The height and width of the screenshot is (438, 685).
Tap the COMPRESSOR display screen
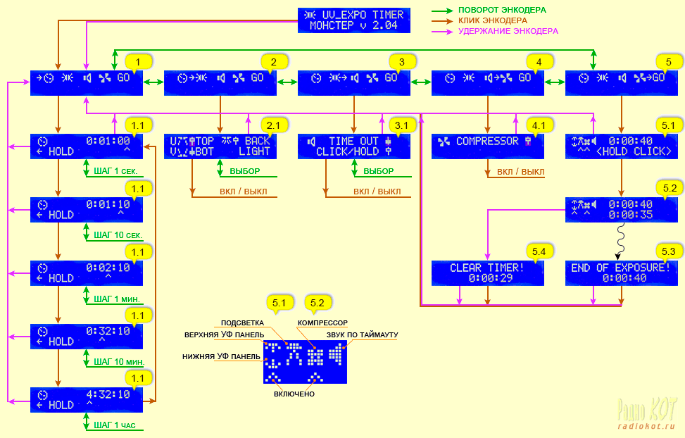tap(488, 146)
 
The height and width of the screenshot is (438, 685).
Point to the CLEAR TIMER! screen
tap(488, 273)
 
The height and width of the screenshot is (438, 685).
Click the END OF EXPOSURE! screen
tap(621, 273)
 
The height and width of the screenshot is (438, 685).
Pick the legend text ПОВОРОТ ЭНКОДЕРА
tap(502, 10)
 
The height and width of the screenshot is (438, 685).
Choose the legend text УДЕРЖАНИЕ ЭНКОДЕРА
tap(508, 31)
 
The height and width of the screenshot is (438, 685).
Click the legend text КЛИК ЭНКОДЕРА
tap(492, 20)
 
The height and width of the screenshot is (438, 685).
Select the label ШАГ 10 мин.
tap(118, 362)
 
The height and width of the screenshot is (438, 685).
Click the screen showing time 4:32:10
tap(87, 400)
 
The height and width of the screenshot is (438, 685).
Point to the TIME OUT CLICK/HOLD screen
tap(354, 146)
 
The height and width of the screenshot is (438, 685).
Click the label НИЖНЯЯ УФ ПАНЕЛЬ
tap(220, 357)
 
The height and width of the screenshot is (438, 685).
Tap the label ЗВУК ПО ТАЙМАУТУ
tap(362, 334)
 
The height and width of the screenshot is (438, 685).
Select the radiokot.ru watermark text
tap(646, 426)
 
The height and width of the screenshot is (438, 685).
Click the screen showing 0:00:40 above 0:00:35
tap(621, 210)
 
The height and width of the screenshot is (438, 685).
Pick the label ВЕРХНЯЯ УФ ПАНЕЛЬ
tap(224, 334)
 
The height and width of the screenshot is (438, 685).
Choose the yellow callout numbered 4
tap(539, 61)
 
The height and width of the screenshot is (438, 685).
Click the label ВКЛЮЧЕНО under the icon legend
tap(294, 394)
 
